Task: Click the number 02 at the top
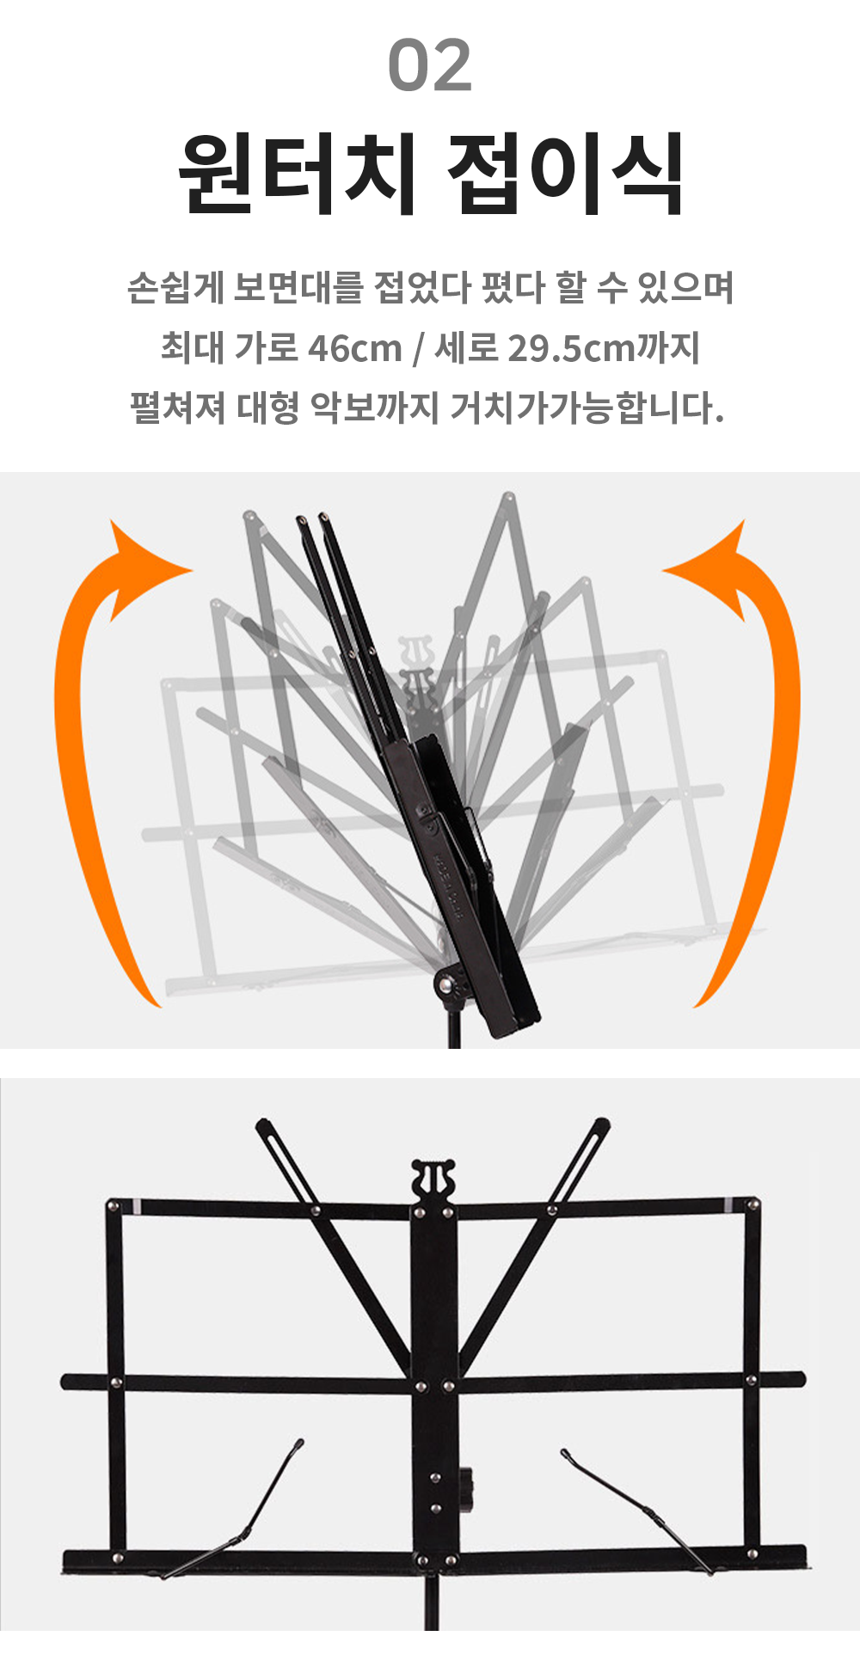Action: (x=430, y=65)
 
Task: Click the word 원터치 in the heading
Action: (x=298, y=174)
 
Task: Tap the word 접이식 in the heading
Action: (x=566, y=174)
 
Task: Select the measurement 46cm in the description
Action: (x=355, y=348)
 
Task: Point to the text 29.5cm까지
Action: (x=604, y=348)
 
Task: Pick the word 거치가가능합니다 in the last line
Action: (x=587, y=408)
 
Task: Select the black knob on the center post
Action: (x=467, y=1488)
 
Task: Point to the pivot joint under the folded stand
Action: (x=448, y=985)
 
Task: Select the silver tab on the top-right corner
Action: (x=729, y=1204)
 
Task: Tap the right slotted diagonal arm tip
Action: (x=601, y=1125)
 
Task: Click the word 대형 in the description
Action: (x=266, y=408)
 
